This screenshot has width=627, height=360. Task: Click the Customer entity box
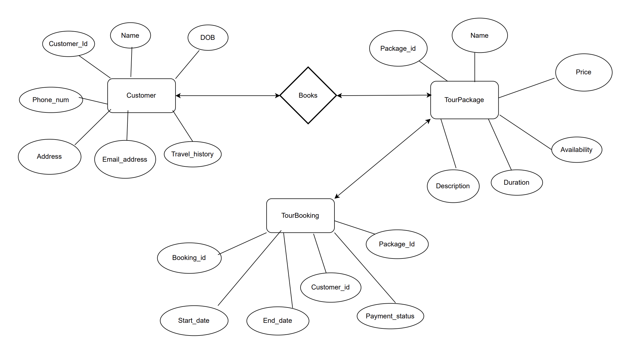pyautogui.click(x=142, y=96)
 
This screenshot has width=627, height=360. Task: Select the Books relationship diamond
pyautogui.click(x=308, y=95)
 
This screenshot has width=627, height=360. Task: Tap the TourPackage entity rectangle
pyautogui.click(x=464, y=100)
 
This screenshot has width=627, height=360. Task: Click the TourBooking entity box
pyautogui.click(x=300, y=216)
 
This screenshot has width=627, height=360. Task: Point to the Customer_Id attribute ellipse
pyautogui.click(x=68, y=44)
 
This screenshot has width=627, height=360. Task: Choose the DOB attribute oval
pyautogui.click(x=208, y=37)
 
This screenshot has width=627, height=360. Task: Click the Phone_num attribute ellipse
pyautogui.click(x=51, y=100)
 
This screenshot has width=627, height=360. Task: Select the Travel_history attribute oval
pyautogui.click(x=192, y=154)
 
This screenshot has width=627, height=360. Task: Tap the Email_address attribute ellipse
pyautogui.click(x=125, y=159)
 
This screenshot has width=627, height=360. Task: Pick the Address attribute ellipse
pyautogui.click(x=49, y=156)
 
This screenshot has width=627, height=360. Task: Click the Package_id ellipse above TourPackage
pyautogui.click(x=398, y=48)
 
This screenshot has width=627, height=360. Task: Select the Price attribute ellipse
pyautogui.click(x=583, y=72)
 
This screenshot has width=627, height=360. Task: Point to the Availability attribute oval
pyautogui.click(x=576, y=150)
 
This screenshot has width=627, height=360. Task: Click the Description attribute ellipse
pyautogui.click(x=453, y=186)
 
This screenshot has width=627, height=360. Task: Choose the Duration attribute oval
pyautogui.click(x=516, y=182)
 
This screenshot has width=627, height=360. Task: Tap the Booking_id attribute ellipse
pyautogui.click(x=189, y=258)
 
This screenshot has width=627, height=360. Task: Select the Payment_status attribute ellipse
pyautogui.click(x=390, y=316)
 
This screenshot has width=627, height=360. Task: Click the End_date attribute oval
pyautogui.click(x=278, y=320)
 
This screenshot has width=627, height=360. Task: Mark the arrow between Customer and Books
pyautogui.click(x=227, y=96)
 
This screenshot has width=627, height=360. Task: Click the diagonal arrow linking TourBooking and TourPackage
pyautogui.click(x=383, y=159)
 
